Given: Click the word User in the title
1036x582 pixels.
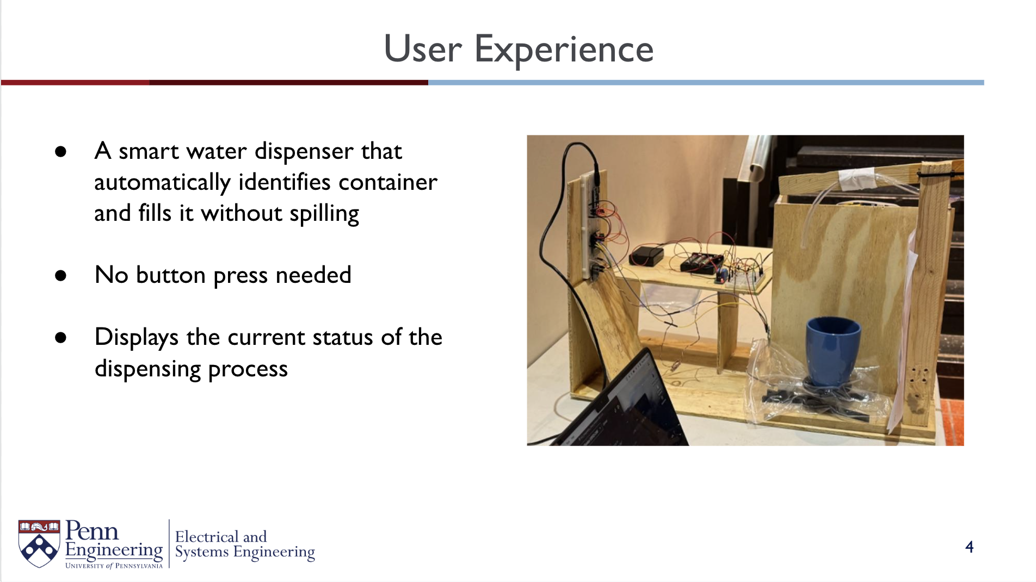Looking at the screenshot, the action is [x=423, y=49].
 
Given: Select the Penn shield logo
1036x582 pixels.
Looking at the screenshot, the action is [x=39, y=543].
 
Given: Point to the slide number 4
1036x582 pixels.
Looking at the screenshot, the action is [x=969, y=547].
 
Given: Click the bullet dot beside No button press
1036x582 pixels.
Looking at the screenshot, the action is [x=60, y=276].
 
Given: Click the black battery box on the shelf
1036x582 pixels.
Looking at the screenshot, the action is [x=646, y=255].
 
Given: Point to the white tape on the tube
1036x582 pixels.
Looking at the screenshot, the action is [x=856, y=178].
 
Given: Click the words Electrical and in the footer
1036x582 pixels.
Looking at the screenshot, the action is [x=221, y=537].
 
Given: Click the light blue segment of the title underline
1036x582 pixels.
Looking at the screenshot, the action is [x=706, y=83].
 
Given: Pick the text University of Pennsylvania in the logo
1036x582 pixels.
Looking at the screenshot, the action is [x=114, y=566].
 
